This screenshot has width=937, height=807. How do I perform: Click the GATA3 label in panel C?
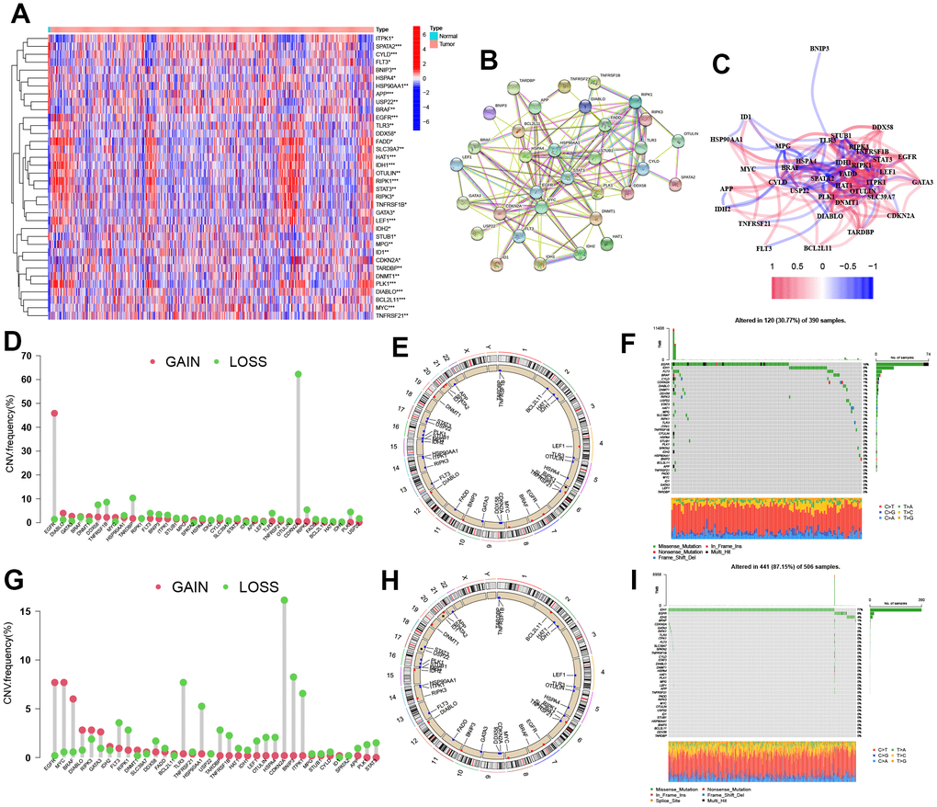[x=912, y=182]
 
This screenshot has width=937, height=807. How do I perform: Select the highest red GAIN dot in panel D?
[x=54, y=413]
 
